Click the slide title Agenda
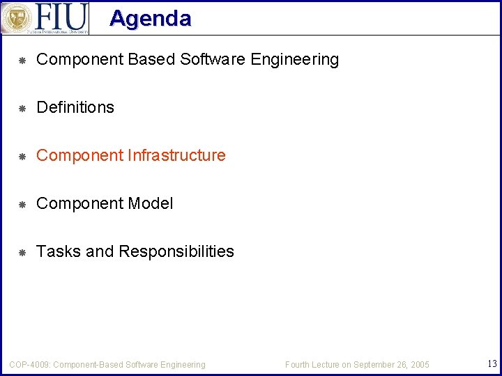click(150, 18)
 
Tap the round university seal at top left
click(17, 17)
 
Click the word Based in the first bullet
click(151, 60)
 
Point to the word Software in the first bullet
click(213, 60)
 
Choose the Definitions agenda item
click(75, 107)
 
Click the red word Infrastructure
click(177, 155)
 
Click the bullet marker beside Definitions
click(22, 108)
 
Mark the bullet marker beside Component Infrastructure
click(22, 156)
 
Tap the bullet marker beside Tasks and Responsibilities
click(22, 252)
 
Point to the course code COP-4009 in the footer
click(29, 365)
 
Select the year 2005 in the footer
click(420, 365)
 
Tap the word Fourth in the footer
click(298, 365)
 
